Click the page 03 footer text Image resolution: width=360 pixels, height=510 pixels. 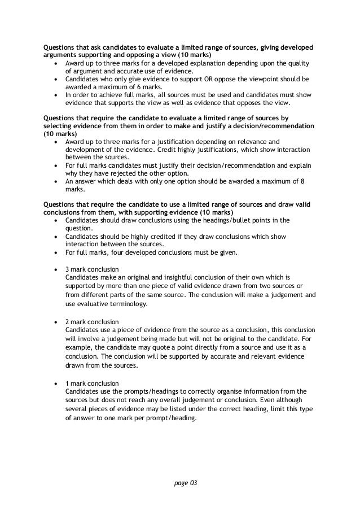coord(180,485)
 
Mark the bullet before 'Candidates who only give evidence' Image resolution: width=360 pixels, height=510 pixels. coord(55,80)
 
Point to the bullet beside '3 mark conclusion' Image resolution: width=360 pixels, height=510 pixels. coord(55,269)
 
